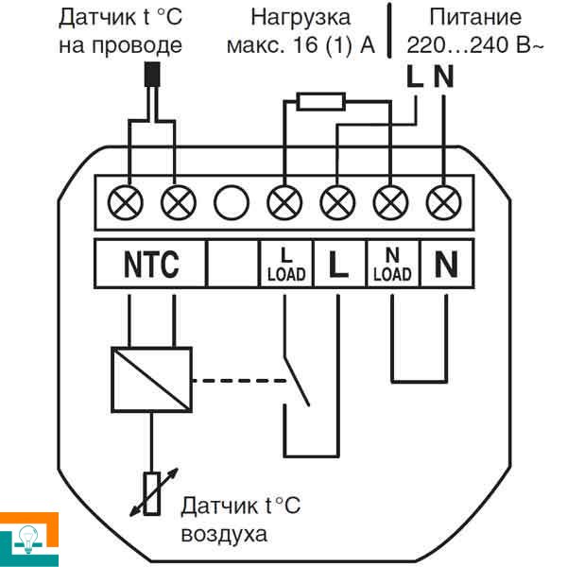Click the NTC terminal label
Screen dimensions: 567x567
coord(151,266)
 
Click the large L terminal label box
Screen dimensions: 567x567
coord(337,266)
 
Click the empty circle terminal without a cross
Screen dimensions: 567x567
coord(231,201)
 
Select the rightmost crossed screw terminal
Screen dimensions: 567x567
coord(442,201)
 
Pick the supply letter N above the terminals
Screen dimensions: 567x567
coord(443,78)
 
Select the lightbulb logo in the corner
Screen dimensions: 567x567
coord(27,539)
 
